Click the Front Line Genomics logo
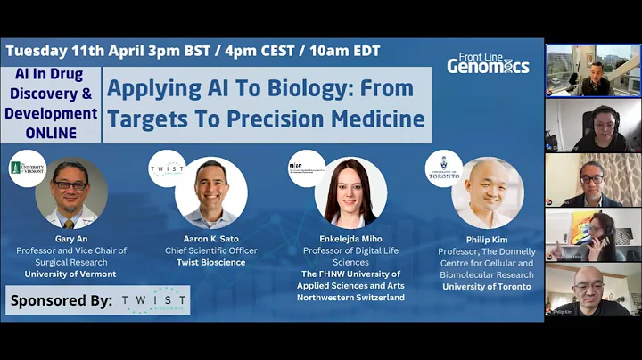pos(488,63)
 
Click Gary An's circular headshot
pos(71,193)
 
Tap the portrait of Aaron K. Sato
pos(211,192)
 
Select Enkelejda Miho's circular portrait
pos(351,193)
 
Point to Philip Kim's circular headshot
pos(487,192)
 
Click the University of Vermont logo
pos(27,168)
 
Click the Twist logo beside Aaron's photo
pos(167,168)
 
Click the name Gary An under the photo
pos(71,238)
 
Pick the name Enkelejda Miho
pos(350,239)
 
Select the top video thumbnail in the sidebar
pos(593,70)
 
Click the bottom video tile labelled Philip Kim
pos(593,290)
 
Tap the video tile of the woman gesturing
pos(593,235)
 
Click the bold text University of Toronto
pos(487,286)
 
